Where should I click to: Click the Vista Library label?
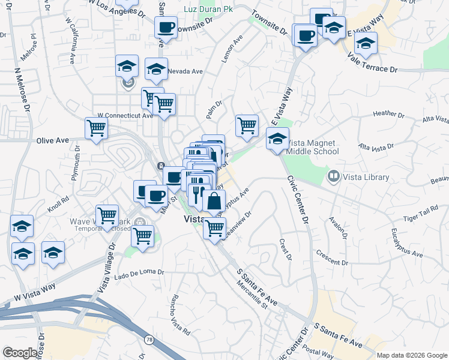click(366, 177)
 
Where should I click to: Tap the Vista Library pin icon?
click(333, 177)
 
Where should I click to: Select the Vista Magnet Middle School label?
click(312, 147)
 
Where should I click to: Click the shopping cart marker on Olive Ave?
click(96, 128)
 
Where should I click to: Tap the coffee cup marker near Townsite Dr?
click(166, 28)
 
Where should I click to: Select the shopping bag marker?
click(214, 202)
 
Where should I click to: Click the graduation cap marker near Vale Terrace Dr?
click(365, 43)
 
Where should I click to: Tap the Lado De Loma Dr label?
click(139, 272)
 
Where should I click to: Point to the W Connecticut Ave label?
click(125, 115)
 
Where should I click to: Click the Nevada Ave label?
click(185, 71)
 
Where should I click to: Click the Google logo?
click(20, 353)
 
